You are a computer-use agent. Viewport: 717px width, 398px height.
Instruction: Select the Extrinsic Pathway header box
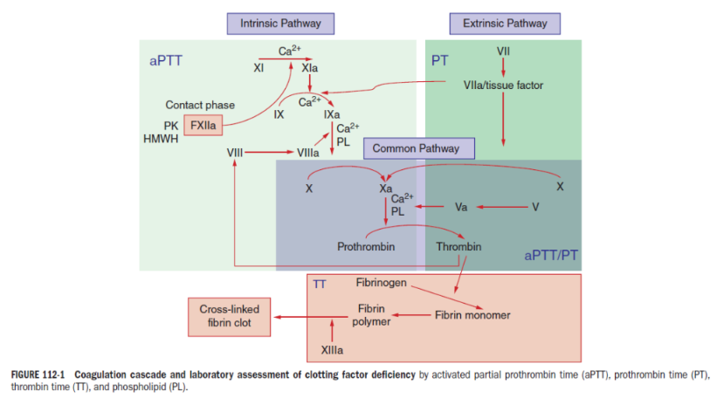pos(505,23)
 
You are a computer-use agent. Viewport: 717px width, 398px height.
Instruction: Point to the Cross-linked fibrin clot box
pos(230,317)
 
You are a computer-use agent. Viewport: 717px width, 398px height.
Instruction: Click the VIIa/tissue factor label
pos(506,85)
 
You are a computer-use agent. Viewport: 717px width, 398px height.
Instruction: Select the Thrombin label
pos(458,247)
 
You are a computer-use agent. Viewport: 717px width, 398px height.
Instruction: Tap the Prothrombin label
pos(366,247)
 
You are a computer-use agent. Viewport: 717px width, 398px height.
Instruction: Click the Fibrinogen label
pos(382,283)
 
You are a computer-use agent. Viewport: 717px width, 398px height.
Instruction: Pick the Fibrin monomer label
pos(472,314)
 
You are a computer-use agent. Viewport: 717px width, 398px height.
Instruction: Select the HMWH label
pos(160,138)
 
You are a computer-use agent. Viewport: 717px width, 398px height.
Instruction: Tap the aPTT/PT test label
pos(551,256)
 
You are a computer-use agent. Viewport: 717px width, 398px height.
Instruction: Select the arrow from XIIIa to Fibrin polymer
pos(331,332)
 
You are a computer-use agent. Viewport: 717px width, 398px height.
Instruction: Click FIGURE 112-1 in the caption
pos(38,375)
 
